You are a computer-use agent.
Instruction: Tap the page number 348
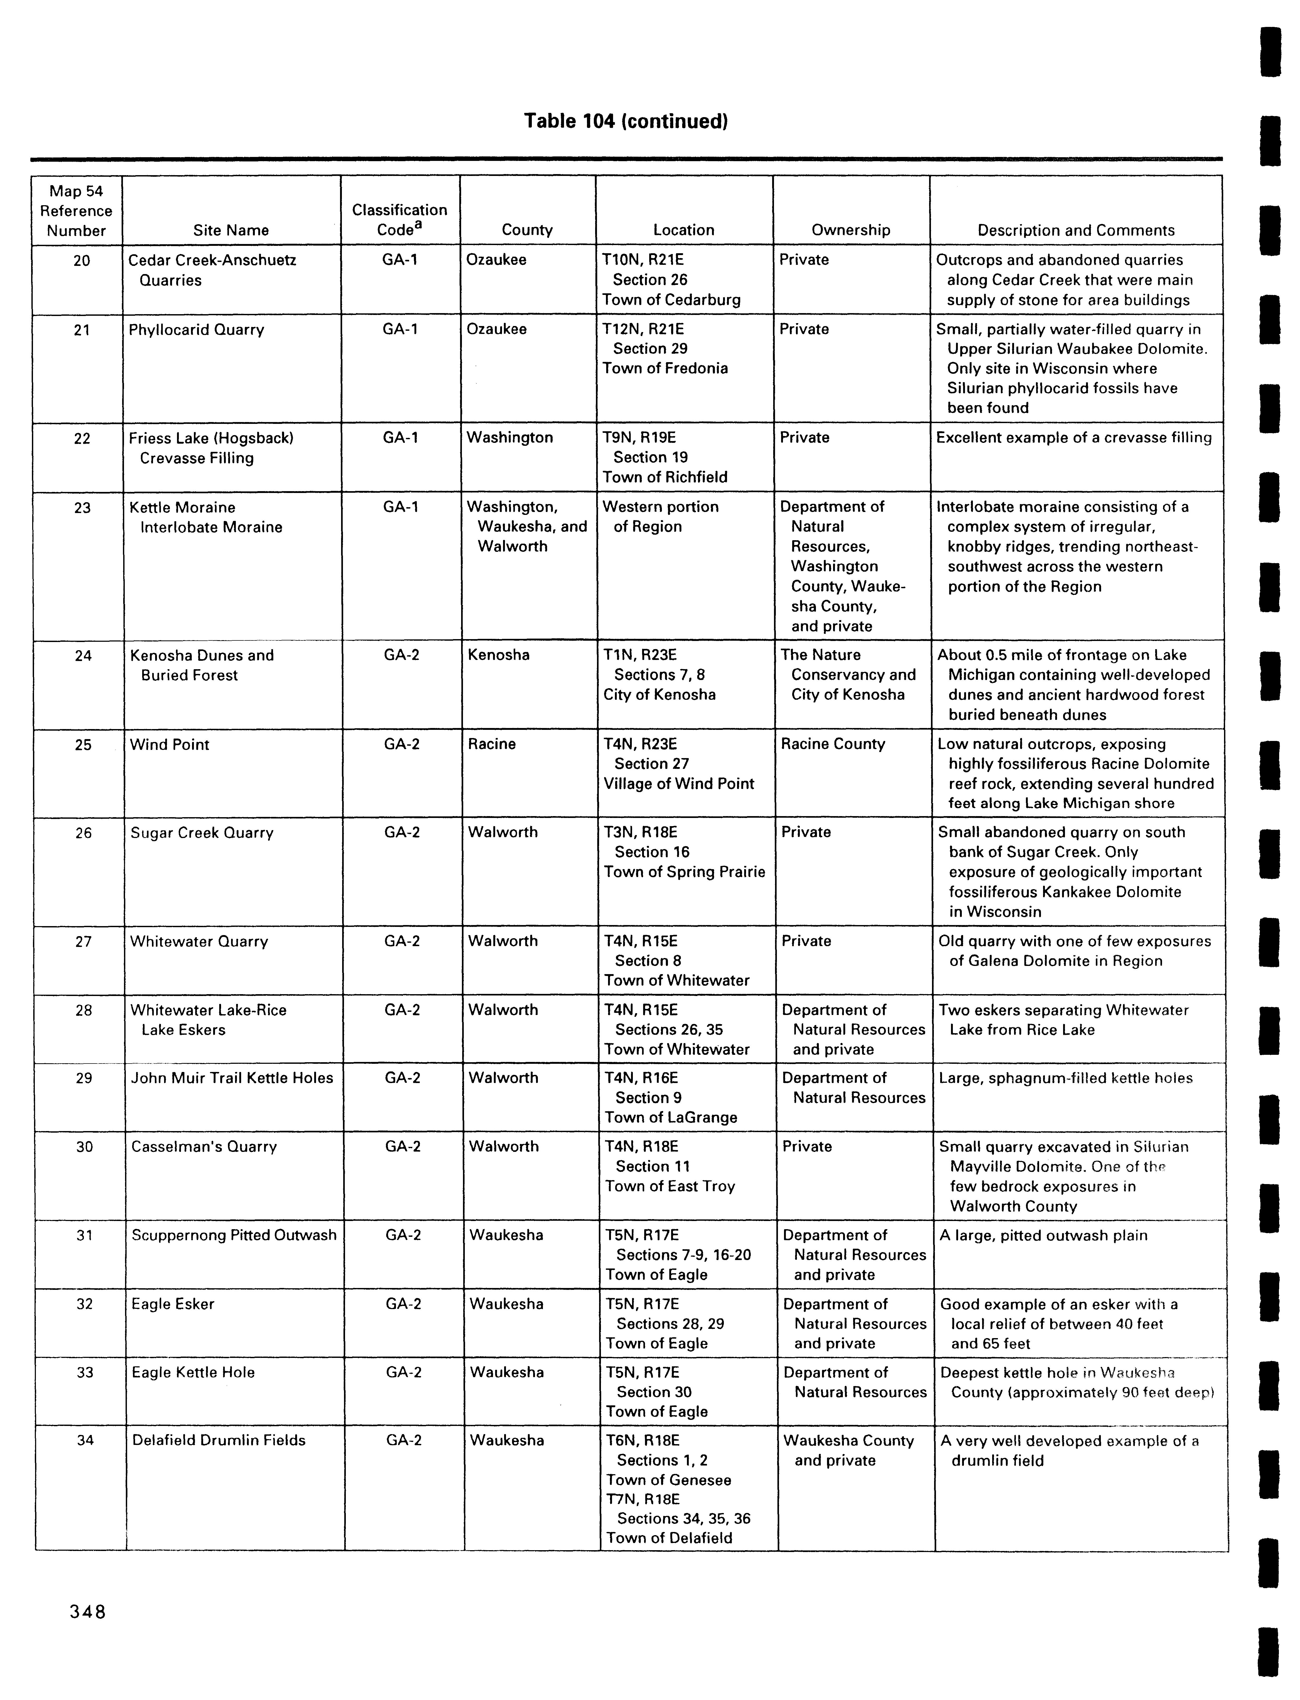click(87, 1612)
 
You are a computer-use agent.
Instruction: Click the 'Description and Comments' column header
click(1076, 230)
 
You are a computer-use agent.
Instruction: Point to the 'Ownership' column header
click(850, 230)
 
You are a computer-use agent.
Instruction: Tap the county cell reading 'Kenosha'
click(498, 655)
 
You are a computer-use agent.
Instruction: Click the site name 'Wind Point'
click(169, 744)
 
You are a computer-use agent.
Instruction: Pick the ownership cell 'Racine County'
click(833, 744)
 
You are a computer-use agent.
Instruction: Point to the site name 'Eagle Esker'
click(173, 1304)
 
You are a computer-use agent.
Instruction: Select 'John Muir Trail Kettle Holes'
click(232, 1078)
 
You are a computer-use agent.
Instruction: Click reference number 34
click(85, 1440)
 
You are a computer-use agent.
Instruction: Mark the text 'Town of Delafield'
click(668, 1538)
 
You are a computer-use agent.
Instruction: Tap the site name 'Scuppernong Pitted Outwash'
click(234, 1235)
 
